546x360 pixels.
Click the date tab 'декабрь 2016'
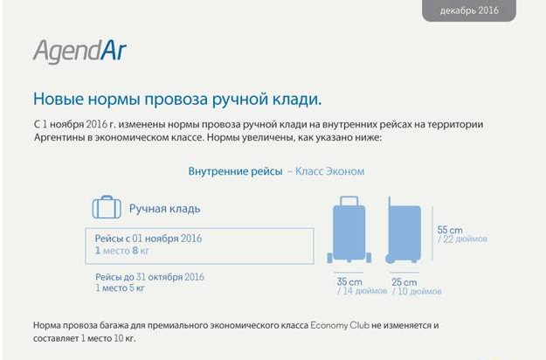469,10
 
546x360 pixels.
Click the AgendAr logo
79,52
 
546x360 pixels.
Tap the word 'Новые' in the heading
59,99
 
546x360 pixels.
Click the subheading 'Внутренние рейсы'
235,171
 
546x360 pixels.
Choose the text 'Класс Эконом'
329,171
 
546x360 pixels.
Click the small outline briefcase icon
107,207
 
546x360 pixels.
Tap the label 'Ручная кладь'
165,209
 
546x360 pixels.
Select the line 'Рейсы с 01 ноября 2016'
149,239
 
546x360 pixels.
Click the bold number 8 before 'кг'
135,250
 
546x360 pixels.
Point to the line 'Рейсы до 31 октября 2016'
149,277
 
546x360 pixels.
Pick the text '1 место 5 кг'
120,288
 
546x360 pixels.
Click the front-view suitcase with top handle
349,230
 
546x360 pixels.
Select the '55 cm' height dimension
450,230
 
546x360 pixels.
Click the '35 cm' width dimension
349,281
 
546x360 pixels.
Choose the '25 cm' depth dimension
404,282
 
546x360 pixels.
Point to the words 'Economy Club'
340,326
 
